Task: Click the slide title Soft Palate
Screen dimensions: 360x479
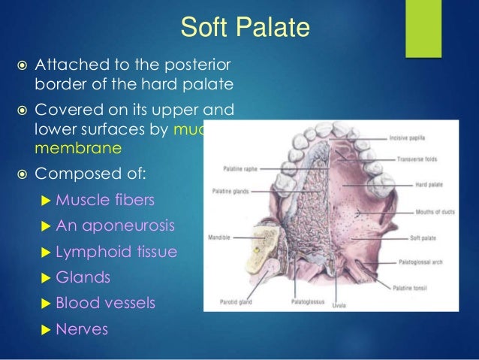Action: point(245,29)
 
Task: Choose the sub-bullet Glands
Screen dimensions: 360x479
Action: point(83,277)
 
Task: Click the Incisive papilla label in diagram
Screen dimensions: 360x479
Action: point(410,138)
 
